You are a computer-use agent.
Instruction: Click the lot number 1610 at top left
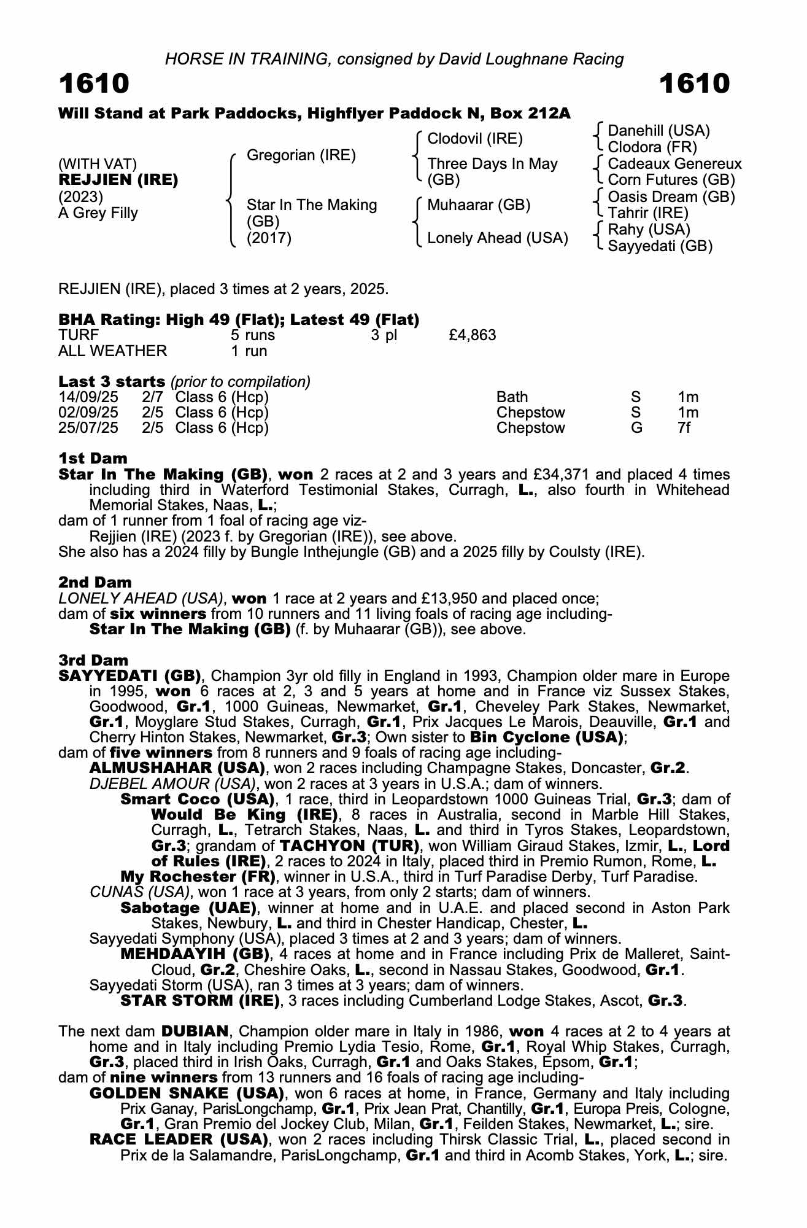pyautogui.click(x=94, y=84)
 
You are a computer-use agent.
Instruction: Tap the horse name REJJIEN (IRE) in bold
pyautogui.click(x=118, y=180)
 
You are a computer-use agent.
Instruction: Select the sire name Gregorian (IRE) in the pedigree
pyautogui.click(x=301, y=155)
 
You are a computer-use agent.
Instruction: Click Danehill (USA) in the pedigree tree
pyautogui.click(x=658, y=131)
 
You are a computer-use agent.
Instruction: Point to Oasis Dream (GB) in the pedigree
pyautogui.click(x=671, y=197)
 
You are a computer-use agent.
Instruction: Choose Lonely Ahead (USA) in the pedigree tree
pyautogui.click(x=497, y=238)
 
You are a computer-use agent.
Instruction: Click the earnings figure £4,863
pyautogui.click(x=473, y=335)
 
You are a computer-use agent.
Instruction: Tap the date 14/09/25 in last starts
pyautogui.click(x=88, y=397)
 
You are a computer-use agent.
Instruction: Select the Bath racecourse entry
pyautogui.click(x=512, y=397)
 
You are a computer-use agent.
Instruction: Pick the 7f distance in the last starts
pyautogui.click(x=684, y=428)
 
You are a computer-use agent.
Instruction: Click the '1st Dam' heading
pyautogui.click(x=93, y=459)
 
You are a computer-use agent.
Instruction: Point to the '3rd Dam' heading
pyautogui.click(x=93, y=661)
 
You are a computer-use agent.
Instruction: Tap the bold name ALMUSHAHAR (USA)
pyautogui.click(x=177, y=768)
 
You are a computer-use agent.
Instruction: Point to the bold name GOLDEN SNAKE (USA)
pyautogui.click(x=187, y=1094)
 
